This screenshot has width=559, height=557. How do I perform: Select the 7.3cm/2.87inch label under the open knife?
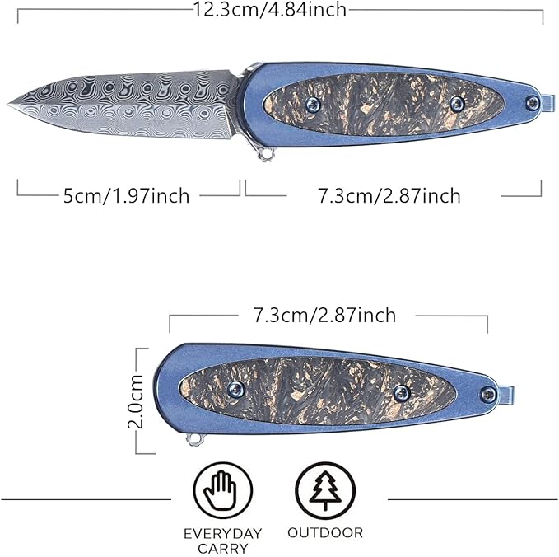coord(389,195)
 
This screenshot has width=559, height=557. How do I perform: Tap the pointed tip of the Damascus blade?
coord(11,104)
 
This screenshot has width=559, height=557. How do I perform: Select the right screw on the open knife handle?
coord(456,102)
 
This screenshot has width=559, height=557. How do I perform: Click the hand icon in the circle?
coord(220,489)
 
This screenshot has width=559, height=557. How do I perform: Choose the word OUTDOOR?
coord(325,533)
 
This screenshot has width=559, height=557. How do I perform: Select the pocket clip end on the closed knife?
coord(505,396)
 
